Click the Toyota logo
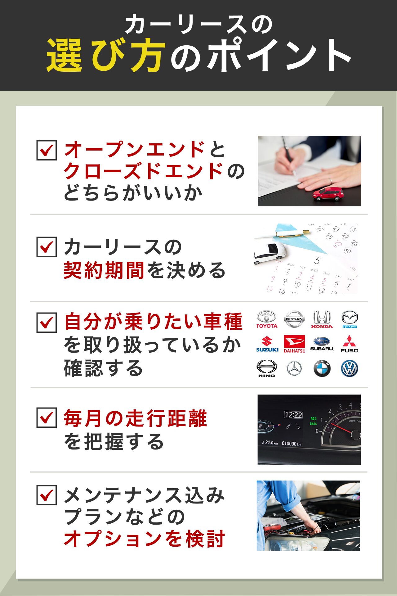coord(267,319)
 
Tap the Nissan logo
coord(294,319)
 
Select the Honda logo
coord(322,319)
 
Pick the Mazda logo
coord(350,319)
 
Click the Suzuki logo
coord(267,344)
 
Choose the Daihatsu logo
coord(294,344)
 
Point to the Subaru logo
coord(322,344)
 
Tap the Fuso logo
coord(350,344)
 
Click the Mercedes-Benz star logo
coord(294,368)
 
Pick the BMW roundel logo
coord(322,368)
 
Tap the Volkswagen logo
coord(350,368)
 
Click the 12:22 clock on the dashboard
coord(293,415)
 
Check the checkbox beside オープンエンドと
coord(47,150)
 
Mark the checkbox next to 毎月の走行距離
coord(47,418)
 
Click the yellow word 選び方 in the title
coord(104,55)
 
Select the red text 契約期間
coord(104,270)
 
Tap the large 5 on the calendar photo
coord(317,260)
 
